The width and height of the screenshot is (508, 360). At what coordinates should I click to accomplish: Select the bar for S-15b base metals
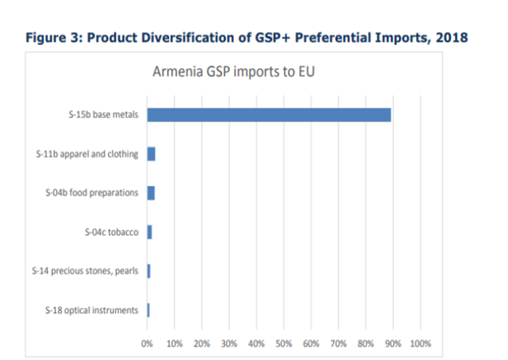click(269, 115)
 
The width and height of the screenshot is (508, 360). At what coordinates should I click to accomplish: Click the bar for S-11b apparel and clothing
click(151, 154)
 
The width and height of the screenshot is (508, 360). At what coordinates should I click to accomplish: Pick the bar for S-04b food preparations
click(151, 193)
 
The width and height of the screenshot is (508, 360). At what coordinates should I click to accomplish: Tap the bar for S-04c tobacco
click(149, 232)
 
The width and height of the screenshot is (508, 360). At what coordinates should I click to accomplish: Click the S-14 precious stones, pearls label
click(86, 271)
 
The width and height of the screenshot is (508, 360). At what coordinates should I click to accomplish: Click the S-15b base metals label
click(101, 115)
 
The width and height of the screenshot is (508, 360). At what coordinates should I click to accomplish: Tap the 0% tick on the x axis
click(147, 343)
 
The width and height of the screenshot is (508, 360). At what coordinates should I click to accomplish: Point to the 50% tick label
click(284, 343)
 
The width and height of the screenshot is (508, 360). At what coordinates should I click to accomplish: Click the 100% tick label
click(420, 343)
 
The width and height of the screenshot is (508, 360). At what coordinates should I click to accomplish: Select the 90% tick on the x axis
click(393, 343)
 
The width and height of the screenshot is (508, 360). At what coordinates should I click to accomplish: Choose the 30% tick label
click(229, 343)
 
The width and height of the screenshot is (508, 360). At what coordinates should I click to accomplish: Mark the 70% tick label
click(338, 343)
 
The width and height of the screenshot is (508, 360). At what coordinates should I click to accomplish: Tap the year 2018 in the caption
click(448, 38)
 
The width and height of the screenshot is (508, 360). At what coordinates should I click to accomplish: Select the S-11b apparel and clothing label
click(86, 154)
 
